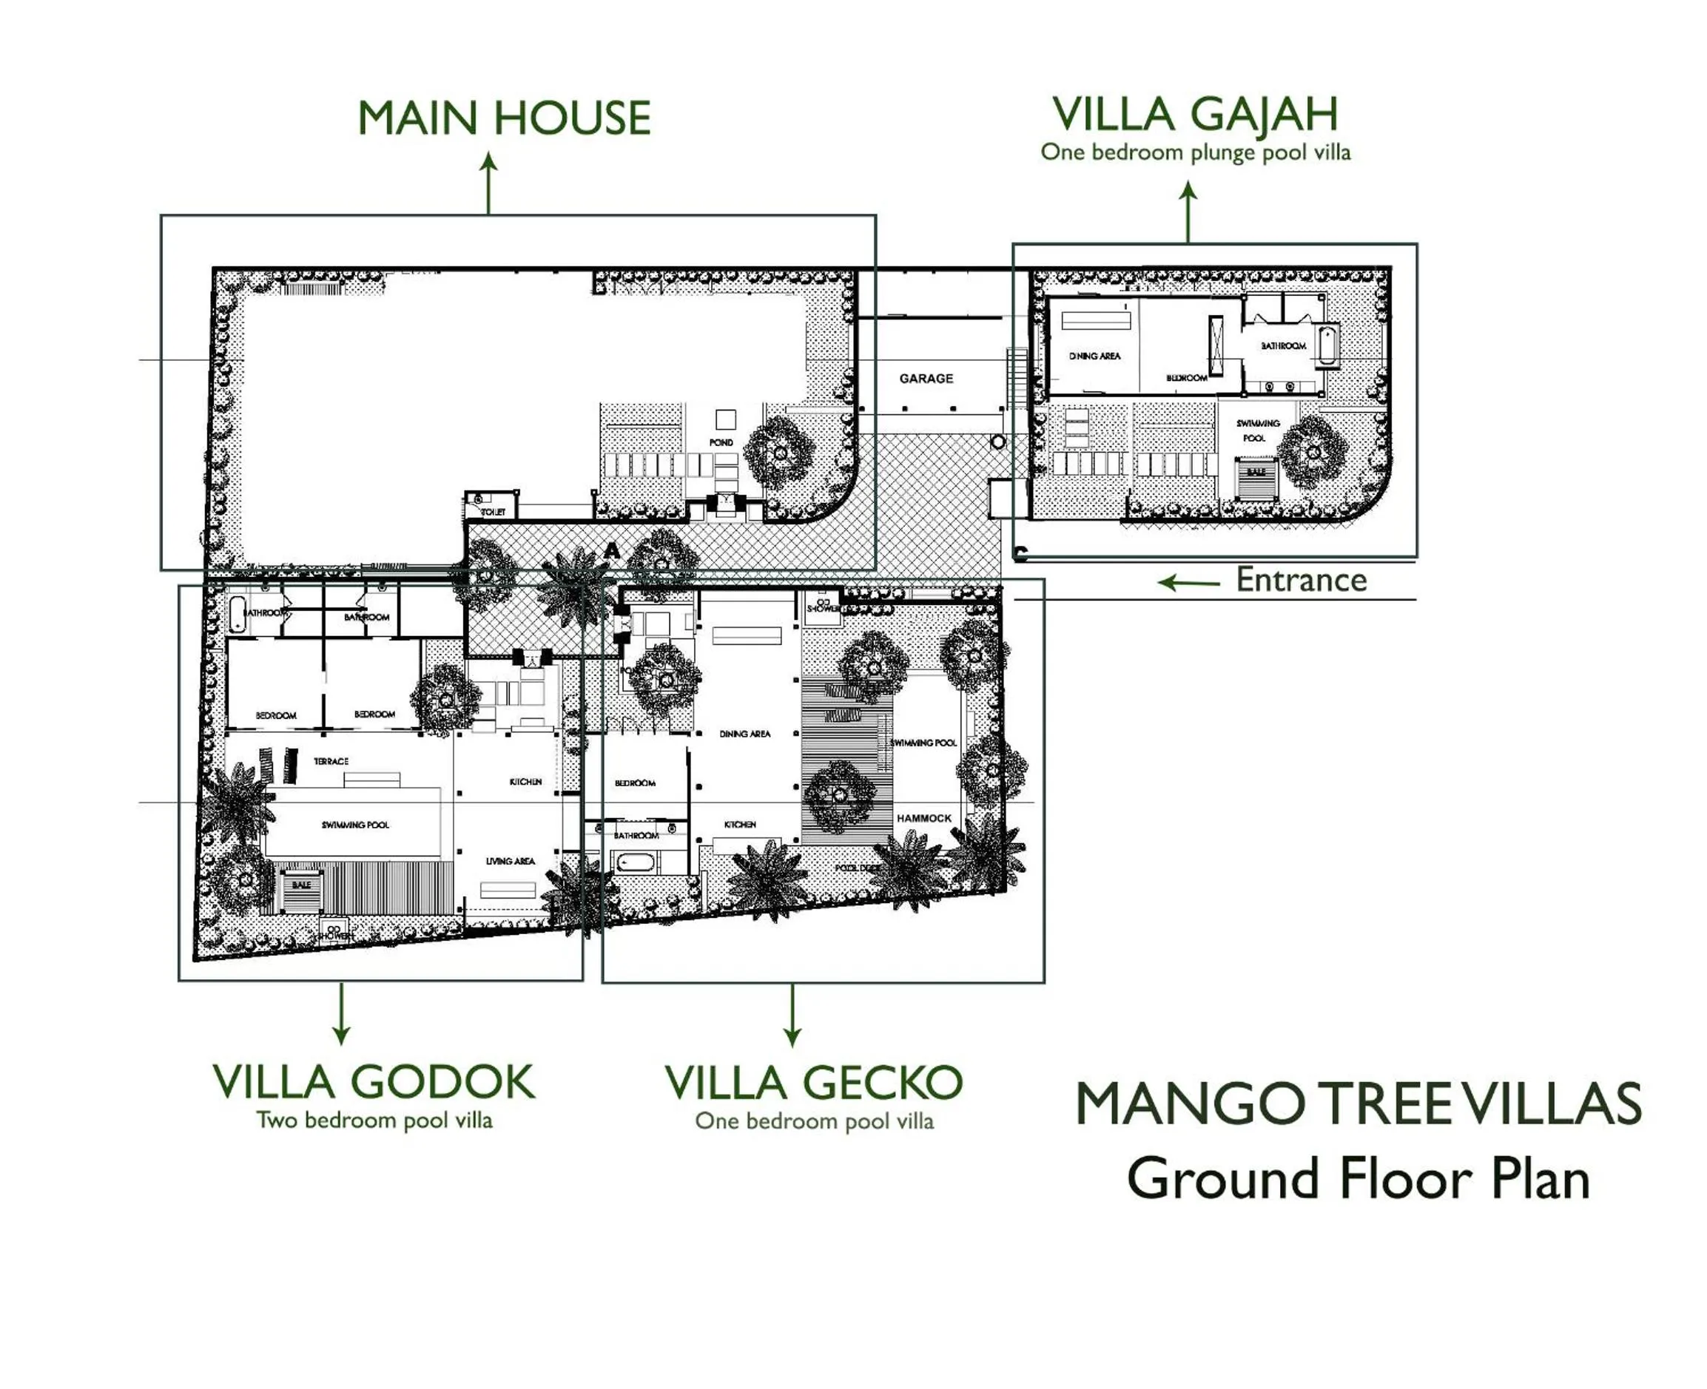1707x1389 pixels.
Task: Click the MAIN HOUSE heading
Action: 503,118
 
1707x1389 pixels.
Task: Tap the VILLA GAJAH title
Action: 1194,115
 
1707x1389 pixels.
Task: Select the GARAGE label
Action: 926,379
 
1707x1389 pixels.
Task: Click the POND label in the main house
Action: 720,442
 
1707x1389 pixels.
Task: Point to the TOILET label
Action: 493,512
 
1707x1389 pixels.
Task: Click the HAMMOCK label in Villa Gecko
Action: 923,818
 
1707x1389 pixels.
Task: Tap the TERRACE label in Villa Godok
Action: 331,761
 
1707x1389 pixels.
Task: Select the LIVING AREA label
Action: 510,861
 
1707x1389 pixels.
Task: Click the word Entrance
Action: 1301,580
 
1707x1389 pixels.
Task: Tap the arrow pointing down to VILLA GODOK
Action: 342,1014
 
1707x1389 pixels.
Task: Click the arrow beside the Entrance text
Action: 1188,583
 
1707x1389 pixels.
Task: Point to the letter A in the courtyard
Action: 611,550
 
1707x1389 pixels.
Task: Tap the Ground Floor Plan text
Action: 1357,1180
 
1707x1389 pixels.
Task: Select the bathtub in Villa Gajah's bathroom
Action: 1326,346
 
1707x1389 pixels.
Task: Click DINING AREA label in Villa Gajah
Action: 1094,356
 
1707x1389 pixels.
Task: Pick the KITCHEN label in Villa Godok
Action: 526,782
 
